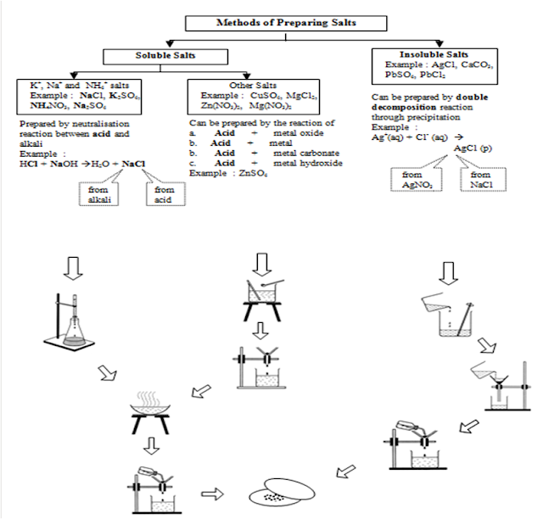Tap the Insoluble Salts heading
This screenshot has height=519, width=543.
pyautogui.click(x=423, y=55)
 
